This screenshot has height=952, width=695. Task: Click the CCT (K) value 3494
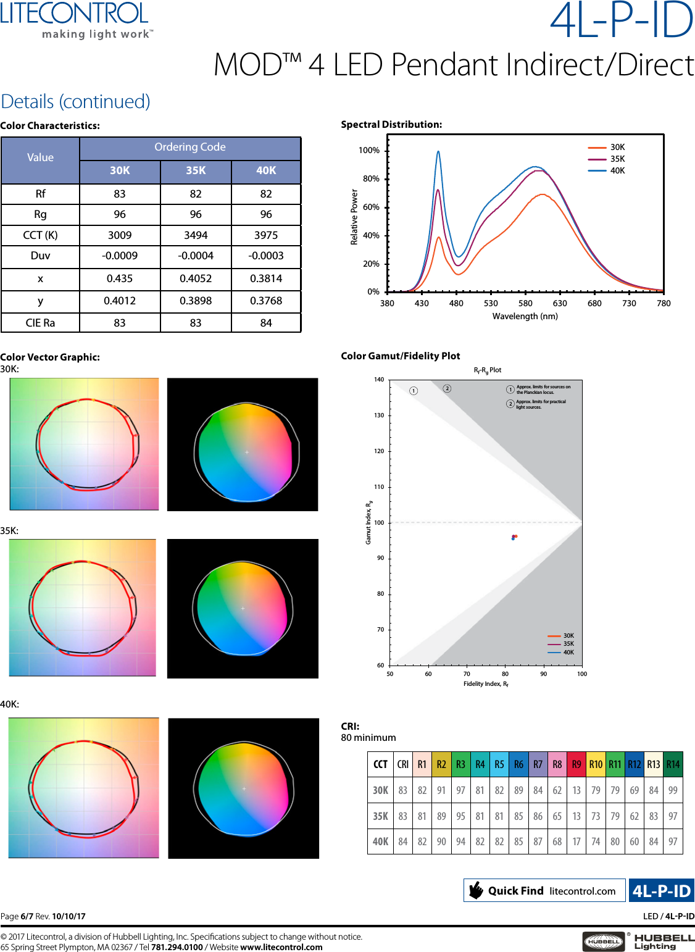click(x=196, y=235)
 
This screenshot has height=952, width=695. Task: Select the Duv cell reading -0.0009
click(x=120, y=256)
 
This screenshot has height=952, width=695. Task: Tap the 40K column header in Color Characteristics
click(x=266, y=170)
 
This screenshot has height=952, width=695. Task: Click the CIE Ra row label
click(x=40, y=323)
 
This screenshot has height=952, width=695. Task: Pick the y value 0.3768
click(x=266, y=301)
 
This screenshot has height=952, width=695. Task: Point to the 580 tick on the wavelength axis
click(x=525, y=303)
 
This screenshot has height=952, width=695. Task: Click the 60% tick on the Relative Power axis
click(x=371, y=207)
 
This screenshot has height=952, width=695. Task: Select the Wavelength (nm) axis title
click(x=525, y=316)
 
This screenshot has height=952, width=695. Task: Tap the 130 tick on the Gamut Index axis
click(x=379, y=415)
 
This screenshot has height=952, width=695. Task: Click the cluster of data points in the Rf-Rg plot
click(x=514, y=537)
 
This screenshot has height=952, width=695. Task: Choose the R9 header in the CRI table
click(x=576, y=764)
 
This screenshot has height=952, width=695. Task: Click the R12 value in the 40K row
click(x=635, y=841)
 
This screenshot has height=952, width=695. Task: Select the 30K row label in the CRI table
click(x=380, y=790)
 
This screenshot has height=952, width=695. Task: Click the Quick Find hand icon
click(x=476, y=890)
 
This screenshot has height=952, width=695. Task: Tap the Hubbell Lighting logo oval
click(x=603, y=942)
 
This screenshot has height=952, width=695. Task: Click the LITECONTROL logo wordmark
click(x=75, y=14)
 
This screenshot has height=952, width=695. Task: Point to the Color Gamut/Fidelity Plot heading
click(x=401, y=356)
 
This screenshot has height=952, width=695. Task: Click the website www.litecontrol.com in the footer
click(x=281, y=947)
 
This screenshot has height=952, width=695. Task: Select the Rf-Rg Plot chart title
click(x=487, y=370)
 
